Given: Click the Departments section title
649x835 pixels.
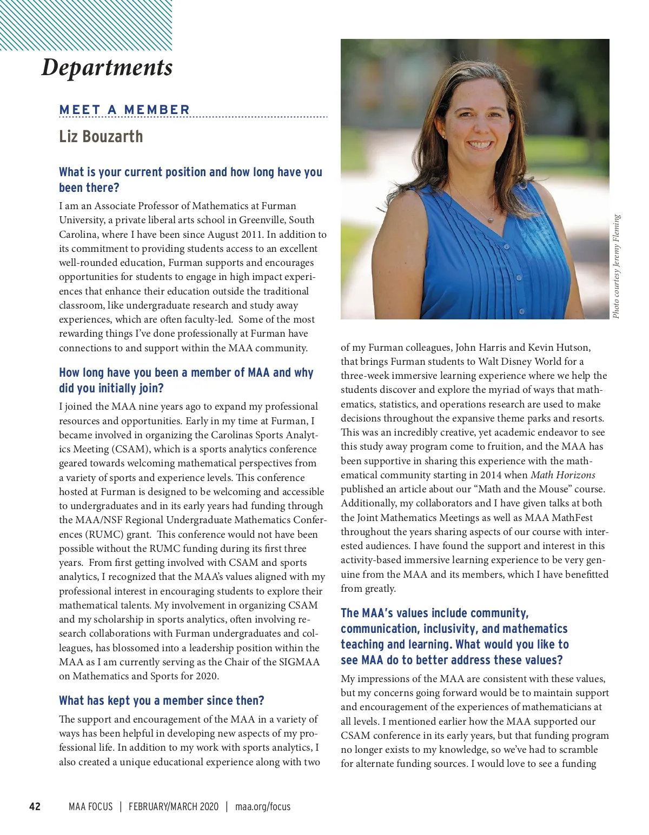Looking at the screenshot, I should point(107,68).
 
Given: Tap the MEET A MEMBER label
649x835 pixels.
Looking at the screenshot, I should point(124,110).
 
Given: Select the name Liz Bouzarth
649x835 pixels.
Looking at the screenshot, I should point(101,136).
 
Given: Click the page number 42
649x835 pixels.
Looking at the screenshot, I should point(35,807).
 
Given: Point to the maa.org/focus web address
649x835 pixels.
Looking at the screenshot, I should point(263,807).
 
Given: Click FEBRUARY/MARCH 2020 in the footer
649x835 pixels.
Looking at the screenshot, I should point(174,807).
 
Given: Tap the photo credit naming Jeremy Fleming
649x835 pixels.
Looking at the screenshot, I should point(617,266).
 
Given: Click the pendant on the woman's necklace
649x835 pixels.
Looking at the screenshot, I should point(491,220).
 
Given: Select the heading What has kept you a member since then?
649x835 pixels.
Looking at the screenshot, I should point(161,700).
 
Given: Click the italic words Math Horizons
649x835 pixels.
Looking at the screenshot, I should point(562,475).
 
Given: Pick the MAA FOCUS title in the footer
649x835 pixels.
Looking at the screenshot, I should point(90,807).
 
